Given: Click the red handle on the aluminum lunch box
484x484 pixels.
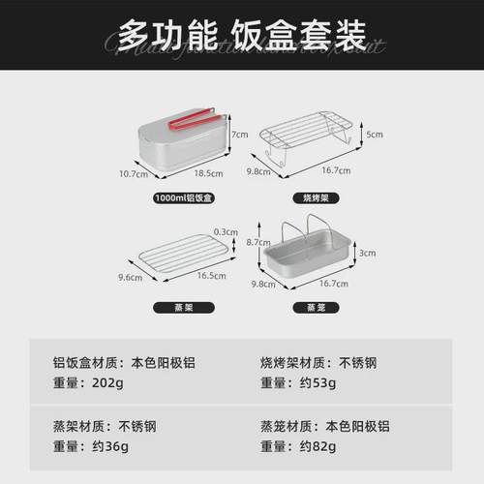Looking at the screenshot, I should click(x=190, y=120).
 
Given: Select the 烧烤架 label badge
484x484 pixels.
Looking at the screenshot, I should click(x=310, y=198).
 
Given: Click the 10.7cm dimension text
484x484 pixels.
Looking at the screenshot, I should click(x=133, y=174).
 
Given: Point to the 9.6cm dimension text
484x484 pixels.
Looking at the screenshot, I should click(x=130, y=278).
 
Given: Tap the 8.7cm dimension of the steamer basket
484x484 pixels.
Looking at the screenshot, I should click(x=257, y=241).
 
